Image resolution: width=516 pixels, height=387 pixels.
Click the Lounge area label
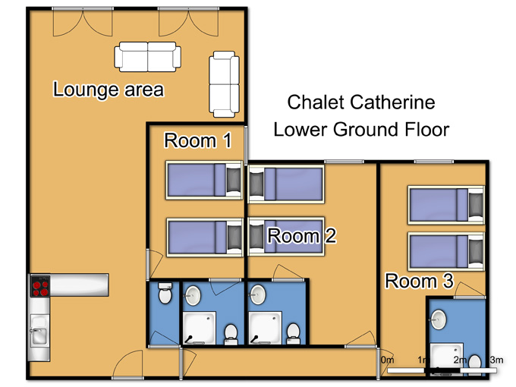coord(109,90)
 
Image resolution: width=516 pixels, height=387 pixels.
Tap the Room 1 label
coord(198,140)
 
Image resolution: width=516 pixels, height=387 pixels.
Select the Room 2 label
coord(302,236)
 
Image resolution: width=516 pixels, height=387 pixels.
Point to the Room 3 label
coord(419,281)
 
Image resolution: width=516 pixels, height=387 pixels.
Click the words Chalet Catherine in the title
coord(361,102)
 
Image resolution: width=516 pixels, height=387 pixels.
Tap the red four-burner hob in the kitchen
coord(40,286)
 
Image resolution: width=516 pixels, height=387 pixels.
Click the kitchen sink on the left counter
coord(39,330)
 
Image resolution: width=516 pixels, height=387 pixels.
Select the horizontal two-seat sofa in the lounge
coord(148,57)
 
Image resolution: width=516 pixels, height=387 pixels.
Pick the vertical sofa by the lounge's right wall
coord(224,84)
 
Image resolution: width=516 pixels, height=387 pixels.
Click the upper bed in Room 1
coord(204,181)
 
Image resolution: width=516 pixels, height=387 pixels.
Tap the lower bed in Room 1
coord(205,237)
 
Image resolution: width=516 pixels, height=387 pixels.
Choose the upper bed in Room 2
coord(286,184)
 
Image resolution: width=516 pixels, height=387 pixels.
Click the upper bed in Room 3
coord(446,205)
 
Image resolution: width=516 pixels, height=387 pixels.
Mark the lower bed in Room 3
coord(446,251)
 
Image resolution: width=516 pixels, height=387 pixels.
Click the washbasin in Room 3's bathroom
coord(439,319)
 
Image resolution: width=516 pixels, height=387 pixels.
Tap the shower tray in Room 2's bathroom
coord(265,328)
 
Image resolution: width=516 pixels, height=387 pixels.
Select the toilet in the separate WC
coord(165,293)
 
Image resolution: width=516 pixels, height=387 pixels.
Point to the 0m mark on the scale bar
coord(388,360)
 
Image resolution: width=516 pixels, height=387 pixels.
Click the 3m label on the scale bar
coord(496,360)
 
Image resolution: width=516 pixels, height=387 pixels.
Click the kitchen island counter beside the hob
coord(79,285)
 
